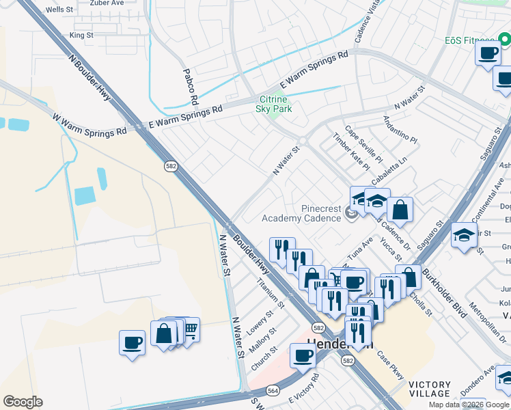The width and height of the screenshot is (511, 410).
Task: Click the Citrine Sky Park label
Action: tap(273, 104)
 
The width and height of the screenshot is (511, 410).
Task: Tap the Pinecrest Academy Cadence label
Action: tap(301, 213)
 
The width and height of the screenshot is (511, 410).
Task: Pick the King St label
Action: tap(81, 35)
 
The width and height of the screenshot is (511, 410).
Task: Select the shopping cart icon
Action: tap(190, 330)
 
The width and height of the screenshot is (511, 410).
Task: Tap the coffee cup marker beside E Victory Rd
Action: tap(302, 355)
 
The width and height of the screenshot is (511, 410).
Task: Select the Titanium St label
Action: tap(270, 291)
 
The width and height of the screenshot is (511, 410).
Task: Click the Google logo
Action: tap(23, 401)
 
